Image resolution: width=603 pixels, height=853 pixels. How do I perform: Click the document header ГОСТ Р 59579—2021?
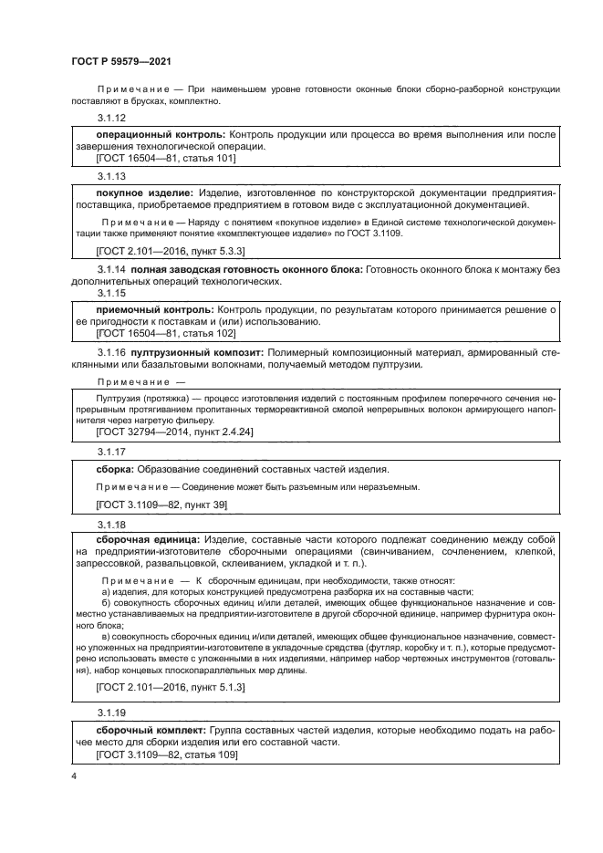121,62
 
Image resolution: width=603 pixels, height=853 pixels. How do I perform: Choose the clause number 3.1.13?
110,176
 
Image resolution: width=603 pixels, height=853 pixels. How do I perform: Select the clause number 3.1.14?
110,270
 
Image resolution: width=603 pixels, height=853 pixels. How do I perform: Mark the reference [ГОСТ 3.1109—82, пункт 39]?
161,505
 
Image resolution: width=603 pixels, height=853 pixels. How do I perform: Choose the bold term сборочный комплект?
151,731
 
